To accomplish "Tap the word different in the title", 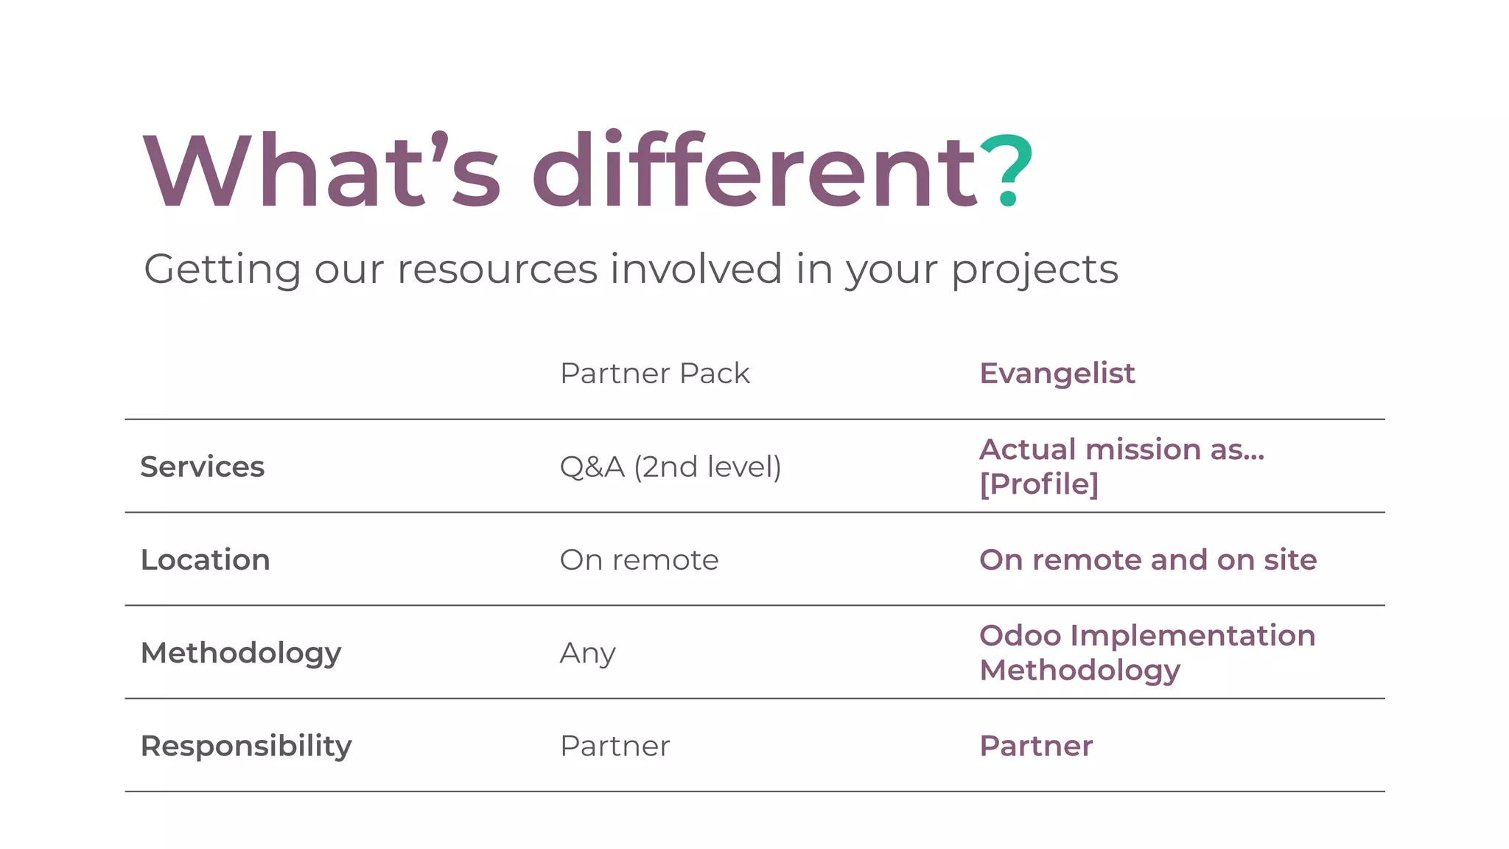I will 754,170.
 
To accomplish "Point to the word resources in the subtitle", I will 497,269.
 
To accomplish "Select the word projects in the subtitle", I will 1034,270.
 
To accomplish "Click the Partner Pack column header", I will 654,374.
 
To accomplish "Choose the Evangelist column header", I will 1057,374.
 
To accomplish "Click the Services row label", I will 202,467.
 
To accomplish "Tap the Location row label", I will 205,560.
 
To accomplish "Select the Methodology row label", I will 241,654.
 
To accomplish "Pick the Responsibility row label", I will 246,747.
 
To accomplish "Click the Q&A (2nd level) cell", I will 670,467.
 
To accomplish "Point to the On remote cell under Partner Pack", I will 639,560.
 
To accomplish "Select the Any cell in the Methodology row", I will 587,654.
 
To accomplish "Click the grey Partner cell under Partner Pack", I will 615,747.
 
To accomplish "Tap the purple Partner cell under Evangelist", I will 1035,747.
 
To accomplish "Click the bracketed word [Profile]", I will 1038,484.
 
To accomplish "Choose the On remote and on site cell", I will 1147,560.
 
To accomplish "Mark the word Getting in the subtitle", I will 222,270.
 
